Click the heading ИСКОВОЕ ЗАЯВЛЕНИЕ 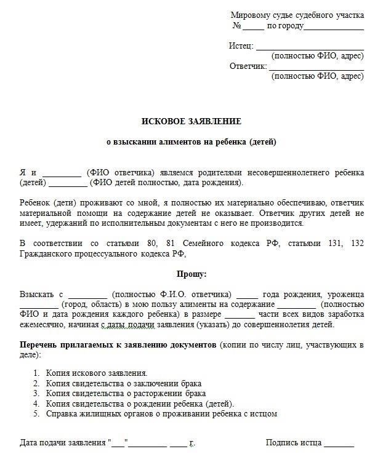point(191,121)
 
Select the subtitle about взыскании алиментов point(191,142)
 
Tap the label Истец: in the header point(241,46)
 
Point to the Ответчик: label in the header point(248,66)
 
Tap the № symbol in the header point(236,26)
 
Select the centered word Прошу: point(191,274)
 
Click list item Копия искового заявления point(97,373)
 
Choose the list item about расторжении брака point(126,394)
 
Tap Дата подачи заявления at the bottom point(63,443)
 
